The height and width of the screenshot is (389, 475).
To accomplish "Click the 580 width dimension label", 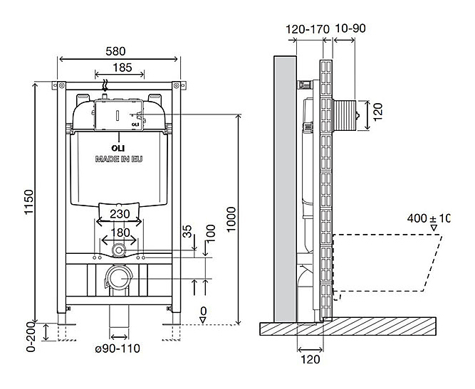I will [119, 51].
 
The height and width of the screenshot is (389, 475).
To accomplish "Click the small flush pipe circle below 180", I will [119, 251].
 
